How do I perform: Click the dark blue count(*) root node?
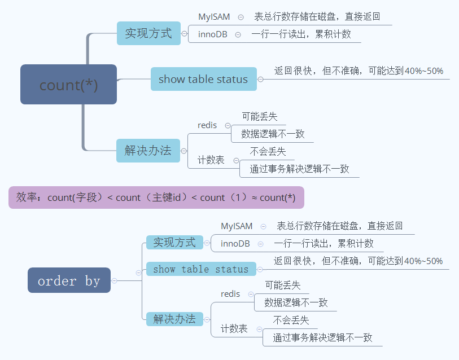(68, 85)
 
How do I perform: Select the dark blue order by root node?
(69, 280)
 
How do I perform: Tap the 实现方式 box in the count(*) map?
(148, 33)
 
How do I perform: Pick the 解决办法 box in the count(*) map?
(148, 151)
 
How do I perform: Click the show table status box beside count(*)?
(203, 79)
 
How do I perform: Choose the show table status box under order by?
(201, 269)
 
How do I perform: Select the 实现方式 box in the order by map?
(174, 243)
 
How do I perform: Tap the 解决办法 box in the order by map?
(174, 319)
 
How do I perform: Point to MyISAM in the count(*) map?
(214, 17)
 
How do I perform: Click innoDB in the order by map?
(235, 244)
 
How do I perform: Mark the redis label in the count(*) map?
(207, 125)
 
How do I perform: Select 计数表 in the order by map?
(234, 328)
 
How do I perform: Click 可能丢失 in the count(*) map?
(260, 117)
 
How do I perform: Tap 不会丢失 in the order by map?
(291, 321)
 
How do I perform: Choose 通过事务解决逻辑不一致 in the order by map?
(323, 337)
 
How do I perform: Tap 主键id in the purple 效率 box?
(170, 197)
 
